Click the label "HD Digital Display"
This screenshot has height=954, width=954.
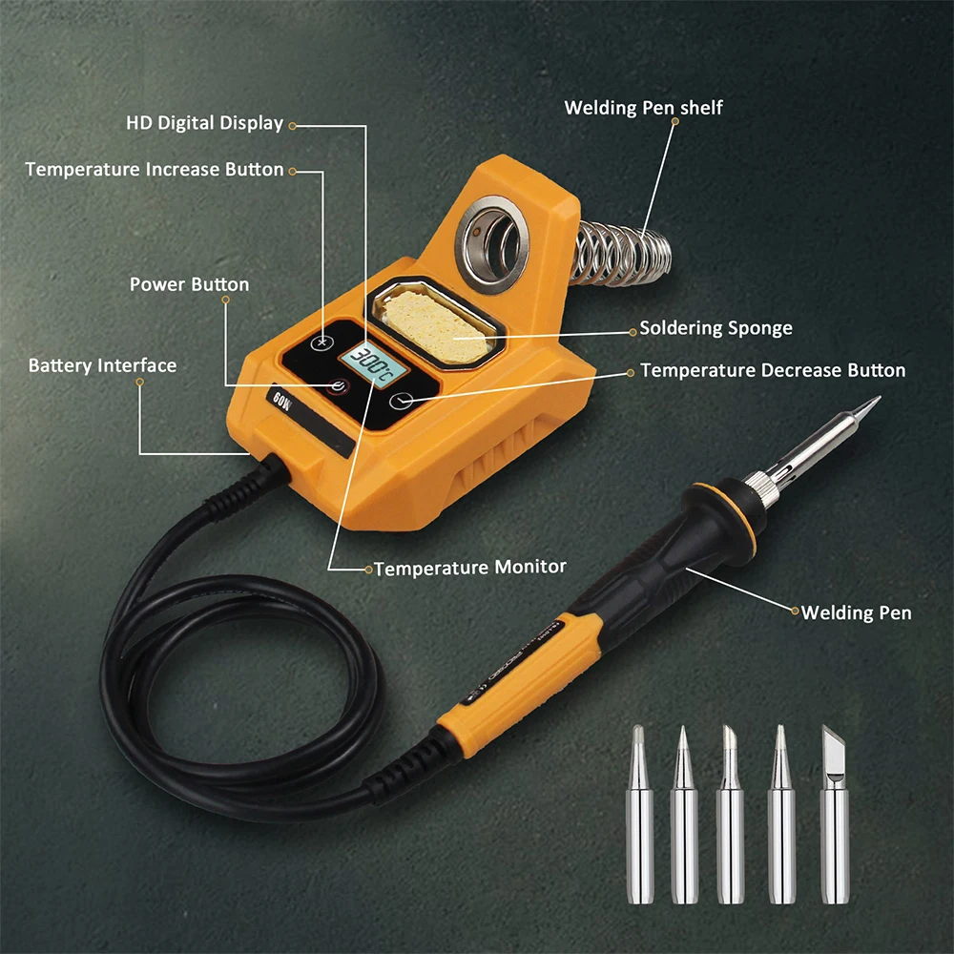(x=204, y=123)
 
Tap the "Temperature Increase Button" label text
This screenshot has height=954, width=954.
(x=154, y=170)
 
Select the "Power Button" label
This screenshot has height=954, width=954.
(x=189, y=284)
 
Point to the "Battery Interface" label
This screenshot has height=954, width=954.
(x=102, y=365)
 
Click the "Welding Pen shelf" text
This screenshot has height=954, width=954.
(x=643, y=107)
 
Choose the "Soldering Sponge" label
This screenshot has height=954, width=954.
(x=715, y=328)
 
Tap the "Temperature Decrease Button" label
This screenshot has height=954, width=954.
(x=773, y=369)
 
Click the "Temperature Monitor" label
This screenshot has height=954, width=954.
(x=469, y=568)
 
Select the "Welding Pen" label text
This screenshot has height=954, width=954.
(x=856, y=612)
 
